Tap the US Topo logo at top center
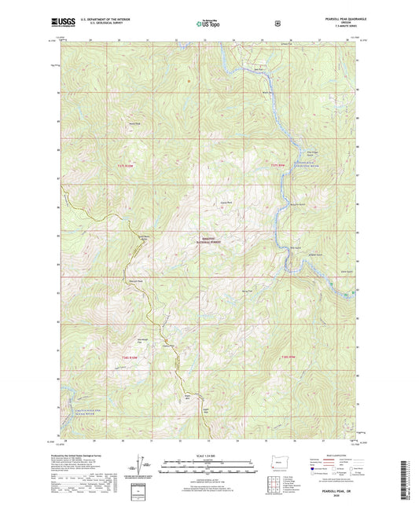[x=208, y=24]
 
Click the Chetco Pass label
[x=167, y=345]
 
